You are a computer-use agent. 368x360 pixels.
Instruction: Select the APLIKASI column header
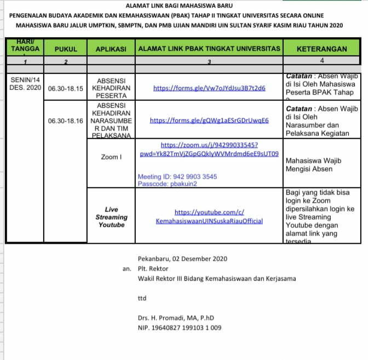pyautogui.click(x=111, y=49)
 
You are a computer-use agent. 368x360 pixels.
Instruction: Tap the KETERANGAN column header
pyautogui.click(x=321, y=49)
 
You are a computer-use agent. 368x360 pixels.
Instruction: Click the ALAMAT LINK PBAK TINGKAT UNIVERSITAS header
pyautogui.click(x=209, y=49)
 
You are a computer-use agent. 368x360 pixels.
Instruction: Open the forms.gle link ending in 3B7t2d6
pyautogui.click(x=209, y=88)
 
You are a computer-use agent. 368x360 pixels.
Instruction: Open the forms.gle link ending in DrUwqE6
pyautogui.click(x=209, y=120)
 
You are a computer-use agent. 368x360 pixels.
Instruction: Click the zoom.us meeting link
pyautogui.click(x=209, y=150)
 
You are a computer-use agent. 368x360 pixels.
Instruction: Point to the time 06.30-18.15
pyautogui.click(x=65, y=88)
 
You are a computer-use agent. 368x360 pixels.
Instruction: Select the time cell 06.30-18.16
pyautogui.click(x=65, y=120)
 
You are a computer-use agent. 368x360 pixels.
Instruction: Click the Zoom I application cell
pyautogui.click(x=111, y=157)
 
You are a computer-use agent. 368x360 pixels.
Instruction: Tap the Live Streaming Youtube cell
pyautogui.click(x=111, y=217)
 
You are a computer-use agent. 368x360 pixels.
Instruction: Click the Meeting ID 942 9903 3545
pyautogui.click(x=177, y=177)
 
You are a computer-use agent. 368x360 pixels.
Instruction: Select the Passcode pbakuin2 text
pyautogui.click(x=167, y=184)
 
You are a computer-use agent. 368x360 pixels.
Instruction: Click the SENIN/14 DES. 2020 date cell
pyautogui.click(x=25, y=84)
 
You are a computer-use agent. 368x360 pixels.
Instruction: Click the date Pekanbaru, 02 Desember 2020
pyautogui.click(x=182, y=259)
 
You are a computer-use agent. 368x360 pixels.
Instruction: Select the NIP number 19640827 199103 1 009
pyautogui.click(x=180, y=328)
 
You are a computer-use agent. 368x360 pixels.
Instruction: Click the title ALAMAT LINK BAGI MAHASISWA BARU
pyautogui.click(x=183, y=5)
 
